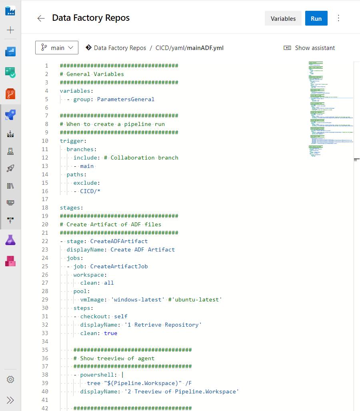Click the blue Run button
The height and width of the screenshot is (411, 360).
316,18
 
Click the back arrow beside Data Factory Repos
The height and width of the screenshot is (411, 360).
41,18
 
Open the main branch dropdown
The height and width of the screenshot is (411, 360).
57,48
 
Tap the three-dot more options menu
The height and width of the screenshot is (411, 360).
339,18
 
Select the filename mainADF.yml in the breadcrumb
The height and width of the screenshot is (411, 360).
205,48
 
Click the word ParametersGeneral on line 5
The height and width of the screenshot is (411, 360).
126,99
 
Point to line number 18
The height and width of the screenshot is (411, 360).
45,207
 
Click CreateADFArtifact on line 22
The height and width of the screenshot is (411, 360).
119,241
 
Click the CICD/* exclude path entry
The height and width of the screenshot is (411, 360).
90,191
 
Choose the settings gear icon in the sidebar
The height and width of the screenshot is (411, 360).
10,379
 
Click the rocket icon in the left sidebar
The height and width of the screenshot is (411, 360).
10,168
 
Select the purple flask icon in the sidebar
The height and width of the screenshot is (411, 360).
10,240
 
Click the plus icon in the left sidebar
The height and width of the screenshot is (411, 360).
10,30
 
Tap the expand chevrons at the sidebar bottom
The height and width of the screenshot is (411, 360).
10,400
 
